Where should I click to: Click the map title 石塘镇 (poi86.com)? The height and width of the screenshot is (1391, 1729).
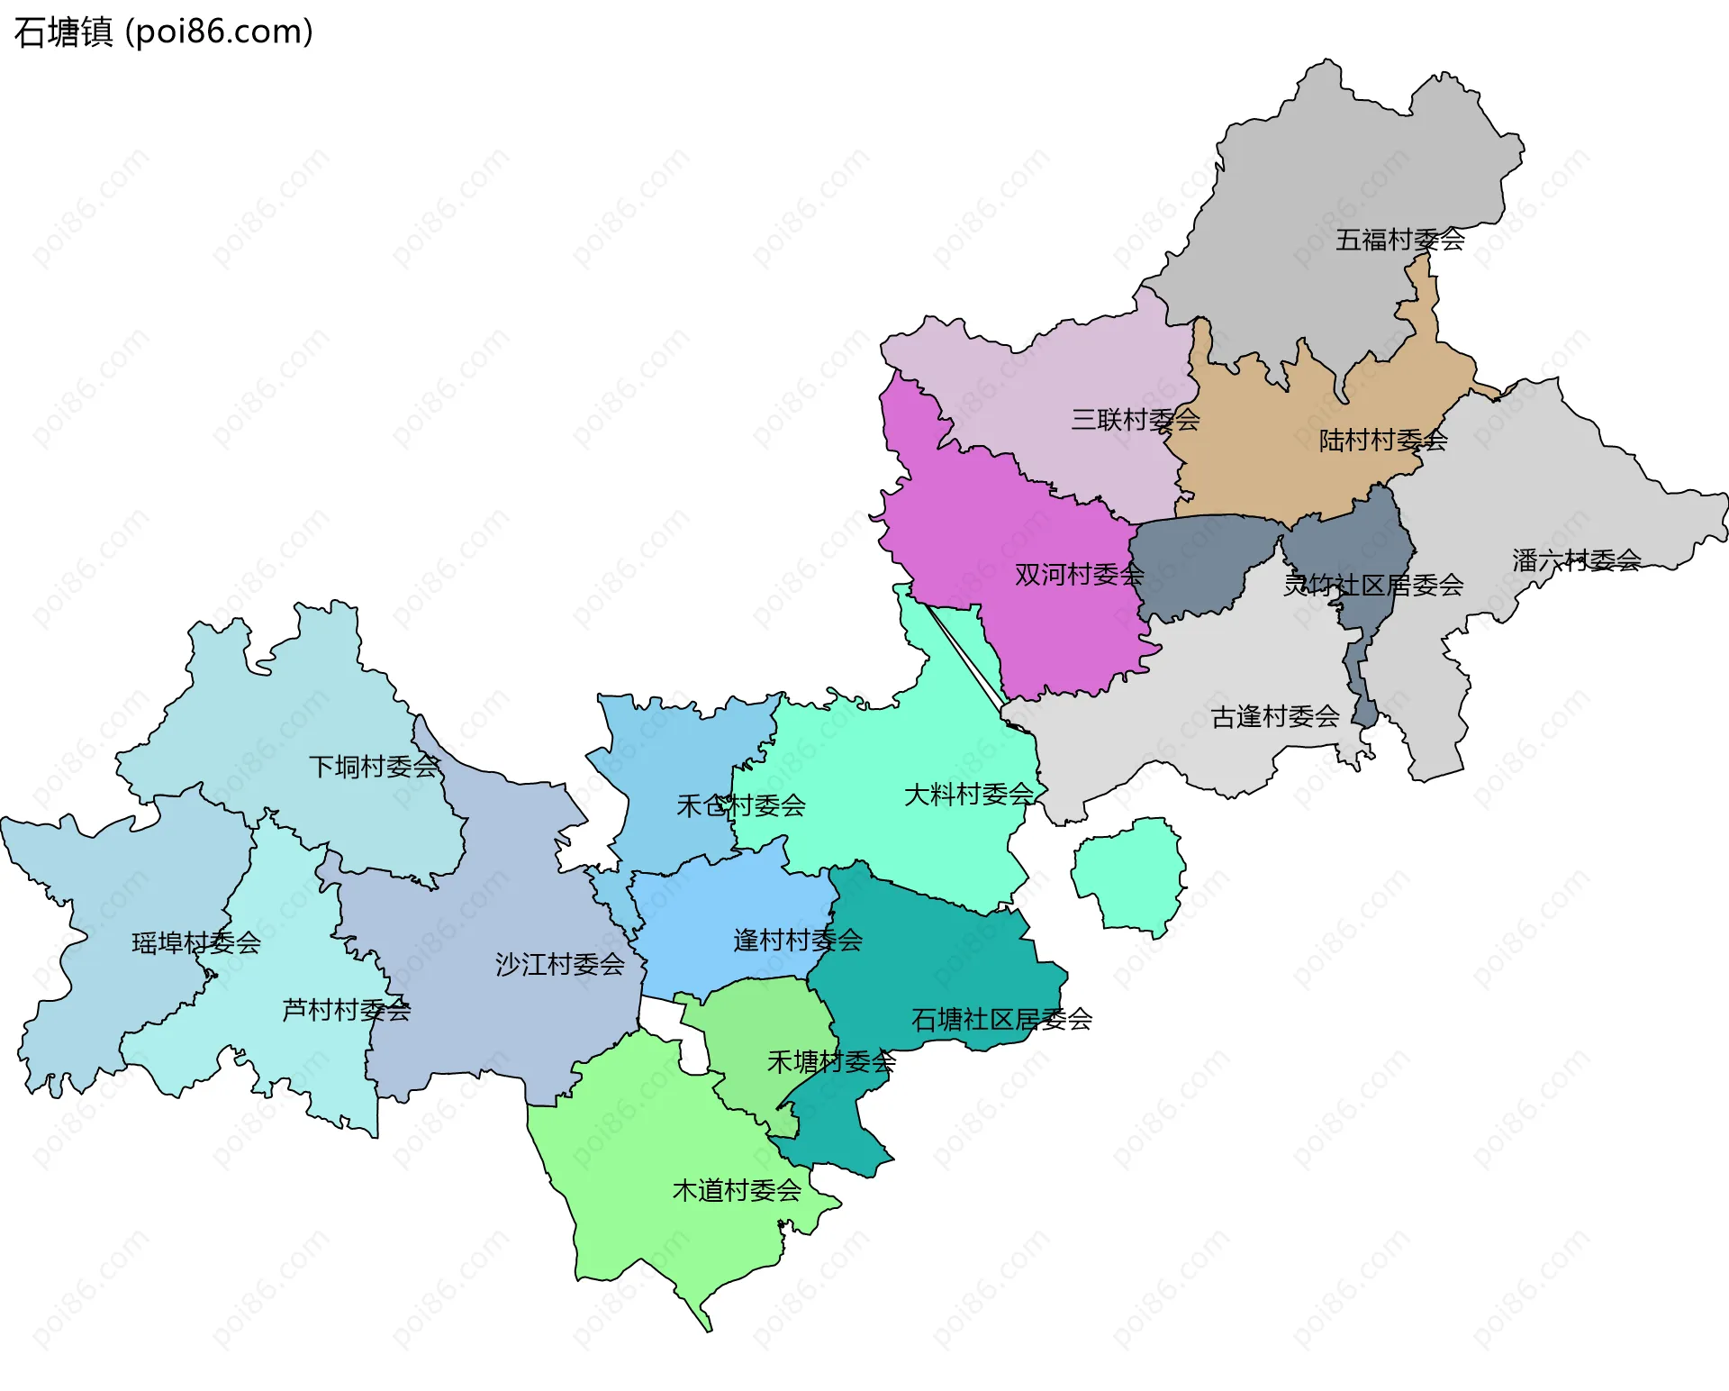pyautogui.click(x=164, y=32)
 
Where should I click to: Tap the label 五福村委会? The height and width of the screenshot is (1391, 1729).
pyautogui.click(x=1399, y=240)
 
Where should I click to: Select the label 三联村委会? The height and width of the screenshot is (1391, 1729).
pyautogui.click(x=1135, y=419)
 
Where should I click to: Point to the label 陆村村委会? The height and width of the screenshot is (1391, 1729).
pyautogui.click(x=1382, y=441)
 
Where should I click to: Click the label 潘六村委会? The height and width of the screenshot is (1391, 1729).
pyautogui.click(x=1576, y=560)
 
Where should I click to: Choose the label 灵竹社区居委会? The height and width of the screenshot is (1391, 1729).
pyautogui.click(x=1372, y=586)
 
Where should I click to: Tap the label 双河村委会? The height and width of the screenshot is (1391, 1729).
pyautogui.click(x=1079, y=575)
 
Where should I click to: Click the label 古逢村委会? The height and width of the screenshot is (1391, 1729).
pyautogui.click(x=1274, y=717)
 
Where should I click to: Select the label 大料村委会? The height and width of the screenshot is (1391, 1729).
pyautogui.click(x=968, y=795)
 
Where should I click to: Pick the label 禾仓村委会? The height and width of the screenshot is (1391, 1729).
pyautogui.click(x=740, y=805)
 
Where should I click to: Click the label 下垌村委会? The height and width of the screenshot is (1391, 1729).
pyautogui.click(x=373, y=767)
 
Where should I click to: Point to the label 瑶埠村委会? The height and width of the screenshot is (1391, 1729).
pyautogui.click(x=196, y=943)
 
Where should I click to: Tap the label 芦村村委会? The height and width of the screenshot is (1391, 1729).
pyautogui.click(x=346, y=1010)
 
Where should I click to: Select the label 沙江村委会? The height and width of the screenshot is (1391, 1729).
pyautogui.click(x=559, y=965)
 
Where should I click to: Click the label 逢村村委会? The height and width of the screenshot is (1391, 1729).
pyautogui.click(x=797, y=941)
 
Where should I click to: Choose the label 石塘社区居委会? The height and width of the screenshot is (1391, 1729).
pyautogui.click(x=1001, y=1020)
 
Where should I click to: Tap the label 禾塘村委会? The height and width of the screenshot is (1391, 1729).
pyautogui.click(x=830, y=1062)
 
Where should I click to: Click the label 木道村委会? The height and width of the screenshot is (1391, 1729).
pyautogui.click(x=737, y=1191)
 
